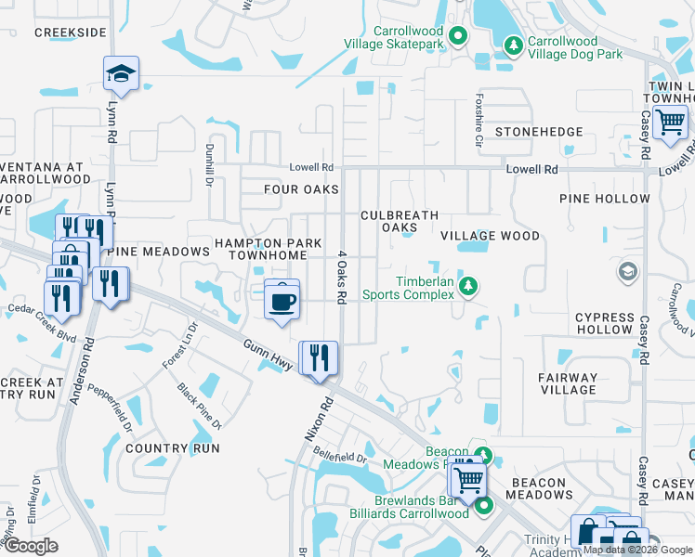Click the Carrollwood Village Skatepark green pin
coord(457,37)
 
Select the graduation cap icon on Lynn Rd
coord(120,72)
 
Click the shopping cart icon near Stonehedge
coord(670,122)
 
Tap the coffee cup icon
coord(282,300)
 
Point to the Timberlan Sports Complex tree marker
coord(470,286)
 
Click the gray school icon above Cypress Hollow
coord(628,272)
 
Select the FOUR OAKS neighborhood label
coord(302,190)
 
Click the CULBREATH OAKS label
coord(400,221)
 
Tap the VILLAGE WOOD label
coord(490,237)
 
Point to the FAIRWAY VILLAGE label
coord(568,383)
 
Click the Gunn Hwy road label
coord(269,356)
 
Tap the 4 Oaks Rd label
coord(341,277)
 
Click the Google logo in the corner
coord(31,546)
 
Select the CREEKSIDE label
coord(70,32)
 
